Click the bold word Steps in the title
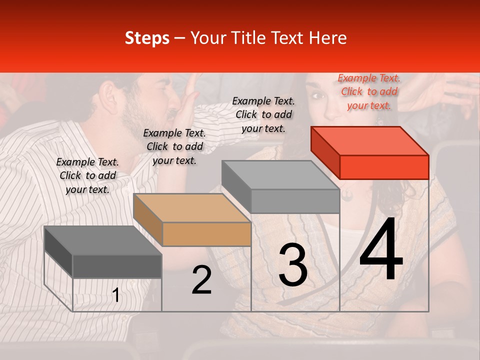[x=147, y=38]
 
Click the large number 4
[x=381, y=251]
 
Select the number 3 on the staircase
[x=293, y=265]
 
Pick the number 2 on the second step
[x=201, y=280]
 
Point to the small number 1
[x=116, y=295]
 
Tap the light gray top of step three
[x=280, y=175]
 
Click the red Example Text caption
[x=369, y=91]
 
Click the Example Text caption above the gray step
[x=263, y=114]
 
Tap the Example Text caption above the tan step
[x=174, y=146]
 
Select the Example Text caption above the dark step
[x=87, y=175]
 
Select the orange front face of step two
[x=206, y=234]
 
